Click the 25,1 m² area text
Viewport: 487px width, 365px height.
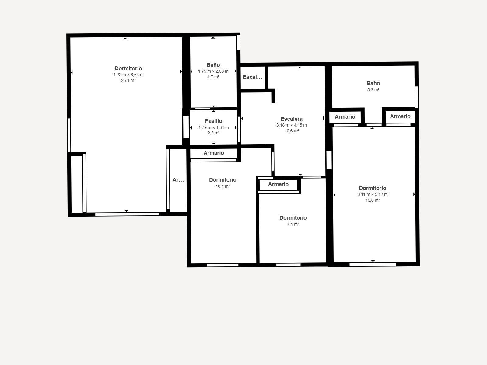[x=128, y=81]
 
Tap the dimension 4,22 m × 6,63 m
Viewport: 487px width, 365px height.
[x=128, y=75]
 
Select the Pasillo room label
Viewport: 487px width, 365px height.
[x=213, y=121]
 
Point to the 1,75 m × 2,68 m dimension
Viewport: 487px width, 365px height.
[x=213, y=71]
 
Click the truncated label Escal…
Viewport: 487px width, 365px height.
[x=252, y=77]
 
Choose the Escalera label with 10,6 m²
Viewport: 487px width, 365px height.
[x=291, y=119]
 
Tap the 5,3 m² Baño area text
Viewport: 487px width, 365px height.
[x=373, y=90]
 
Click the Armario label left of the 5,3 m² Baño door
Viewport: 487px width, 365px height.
[x=345, y=117]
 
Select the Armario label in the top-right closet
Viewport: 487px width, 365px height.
[x=400, y=116]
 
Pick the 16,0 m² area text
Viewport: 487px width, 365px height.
[x=373, y=200]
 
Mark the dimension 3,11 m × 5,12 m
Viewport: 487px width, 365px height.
[x=373, y=195]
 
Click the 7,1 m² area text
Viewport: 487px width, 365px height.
[x=293, y=224]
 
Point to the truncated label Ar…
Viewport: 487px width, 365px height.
[x=178, y=180]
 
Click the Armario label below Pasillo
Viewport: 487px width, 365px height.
[x=214, y=153]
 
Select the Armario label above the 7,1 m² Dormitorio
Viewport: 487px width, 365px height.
[x=278, y=184]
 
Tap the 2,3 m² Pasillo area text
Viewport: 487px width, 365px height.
[x=213, y=133]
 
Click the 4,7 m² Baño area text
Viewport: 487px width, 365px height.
[x=213, y=77]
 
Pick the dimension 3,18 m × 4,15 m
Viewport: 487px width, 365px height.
[x=291, y=125]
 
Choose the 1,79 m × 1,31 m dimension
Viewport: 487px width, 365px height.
[x=213, y=128]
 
